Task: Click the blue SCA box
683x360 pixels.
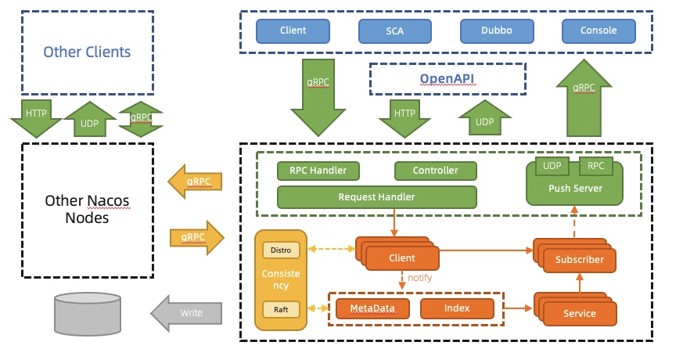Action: pos(394,31)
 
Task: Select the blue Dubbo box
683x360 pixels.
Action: pos(496,31)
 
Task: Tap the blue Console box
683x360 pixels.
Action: pos(598,31)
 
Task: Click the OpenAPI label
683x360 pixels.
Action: pos(447,78)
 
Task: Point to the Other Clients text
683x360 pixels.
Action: pos(87,52)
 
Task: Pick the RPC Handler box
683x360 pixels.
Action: pos(318,170)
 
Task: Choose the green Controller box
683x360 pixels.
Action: pos(436,170)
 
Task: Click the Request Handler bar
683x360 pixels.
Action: pos(376,196)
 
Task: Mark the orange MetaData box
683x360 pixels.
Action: pos(372,308)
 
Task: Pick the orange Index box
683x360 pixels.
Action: pos(457,308)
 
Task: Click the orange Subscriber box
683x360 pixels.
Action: pos(579,258)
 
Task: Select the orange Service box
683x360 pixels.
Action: pos(579,313)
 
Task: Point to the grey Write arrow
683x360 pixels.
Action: pos(186,312)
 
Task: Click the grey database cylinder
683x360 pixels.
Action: pos(87,314)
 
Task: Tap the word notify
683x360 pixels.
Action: pos(419,278)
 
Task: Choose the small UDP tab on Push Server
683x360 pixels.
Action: pos(552,166)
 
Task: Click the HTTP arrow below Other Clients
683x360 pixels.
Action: pos(36,117)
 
